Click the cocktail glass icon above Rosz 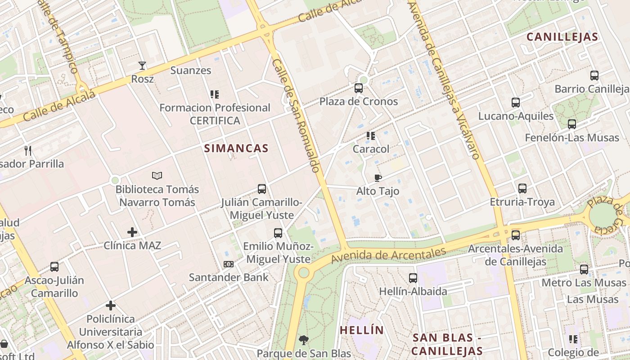tap(142, 66)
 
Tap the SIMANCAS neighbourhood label tap(236, 148)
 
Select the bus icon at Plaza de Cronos tap(359, 88)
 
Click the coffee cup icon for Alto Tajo tap(378, 178)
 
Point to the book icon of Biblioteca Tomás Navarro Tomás tap(157, 175)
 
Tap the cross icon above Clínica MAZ tap(132, 232)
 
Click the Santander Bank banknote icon tap(229, 264)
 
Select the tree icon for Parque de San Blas tap(304, 340)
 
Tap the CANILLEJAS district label tap(562, 37)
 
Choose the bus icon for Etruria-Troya tap(522, 189)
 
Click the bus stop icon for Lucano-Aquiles tap(516, 103)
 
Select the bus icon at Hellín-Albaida tap(413, 278)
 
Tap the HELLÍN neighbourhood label tap(362, 330)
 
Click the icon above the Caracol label tap(371, 135)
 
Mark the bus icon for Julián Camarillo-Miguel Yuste tap(262, 189)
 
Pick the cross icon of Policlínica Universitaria tap(111, 306)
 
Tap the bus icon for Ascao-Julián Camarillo tap(54, 267)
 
